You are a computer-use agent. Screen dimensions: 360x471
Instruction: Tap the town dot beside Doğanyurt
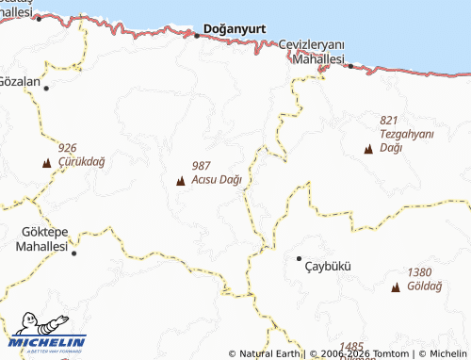pos(197,36)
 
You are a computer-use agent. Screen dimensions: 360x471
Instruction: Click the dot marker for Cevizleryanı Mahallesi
pos(349,66)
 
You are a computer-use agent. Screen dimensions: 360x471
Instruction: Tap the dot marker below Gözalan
pos(45,88)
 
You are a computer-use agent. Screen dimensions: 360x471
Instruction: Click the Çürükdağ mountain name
pos(82,162)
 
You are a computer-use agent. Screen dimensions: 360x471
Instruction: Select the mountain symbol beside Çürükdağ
pos(45,163)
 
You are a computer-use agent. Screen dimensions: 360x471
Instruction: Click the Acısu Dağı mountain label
pos(217,179)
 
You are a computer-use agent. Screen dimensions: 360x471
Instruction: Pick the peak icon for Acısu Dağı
pos(180,180)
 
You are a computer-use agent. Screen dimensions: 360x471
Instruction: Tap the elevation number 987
pos(201,166)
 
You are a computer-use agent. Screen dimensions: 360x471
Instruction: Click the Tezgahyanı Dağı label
pos(406,140)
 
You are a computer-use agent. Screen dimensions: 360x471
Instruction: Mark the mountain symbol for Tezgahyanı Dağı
pos(368,149)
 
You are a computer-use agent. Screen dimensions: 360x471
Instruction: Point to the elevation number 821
pos(390,121)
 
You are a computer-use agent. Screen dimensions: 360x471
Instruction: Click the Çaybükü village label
pos(328,266)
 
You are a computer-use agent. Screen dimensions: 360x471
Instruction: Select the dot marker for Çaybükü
pos(299,258)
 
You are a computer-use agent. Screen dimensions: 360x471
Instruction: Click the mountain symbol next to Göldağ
pos(395,286)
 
